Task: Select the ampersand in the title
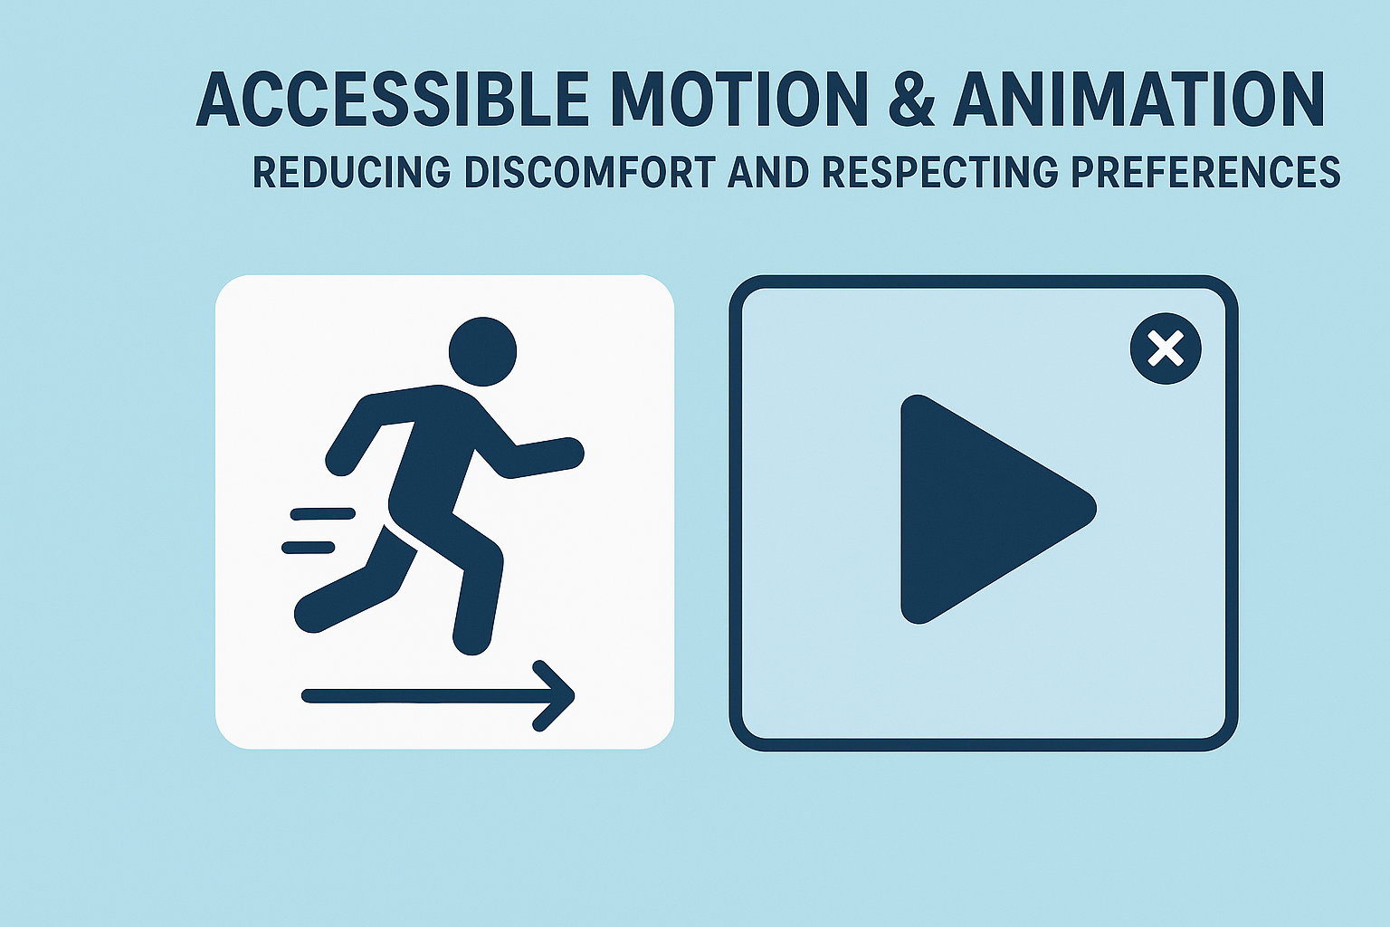click(912, 99)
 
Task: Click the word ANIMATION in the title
click(1138, 99)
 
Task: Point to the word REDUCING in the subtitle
click(351, 172)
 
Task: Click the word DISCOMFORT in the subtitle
click(589, 172)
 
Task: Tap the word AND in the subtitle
click(768, 172)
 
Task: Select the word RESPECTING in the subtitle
click(939, 172)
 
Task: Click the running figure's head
click(482, 351)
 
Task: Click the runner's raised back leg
click(353, 588)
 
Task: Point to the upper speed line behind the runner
click(322, 514)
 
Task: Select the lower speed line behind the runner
click(309, 548)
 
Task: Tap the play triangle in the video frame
click(977, 509)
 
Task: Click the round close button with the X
click(1166, 349)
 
